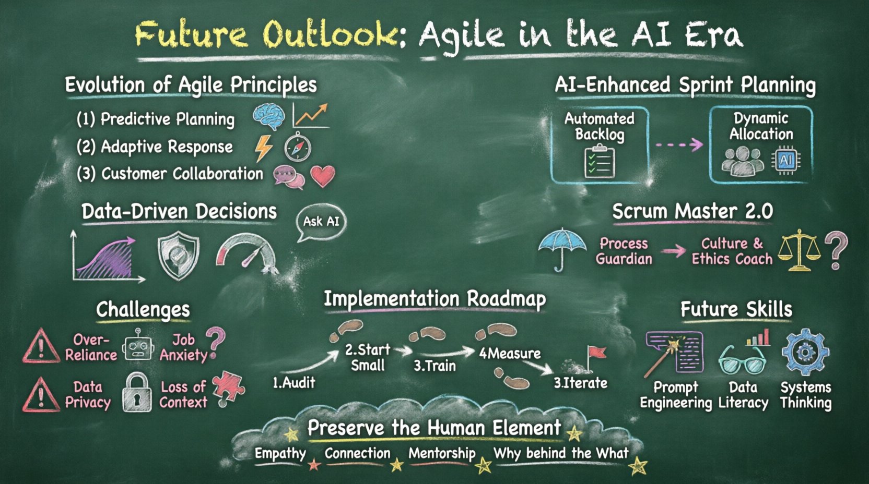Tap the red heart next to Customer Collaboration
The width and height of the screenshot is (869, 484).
[323, 176]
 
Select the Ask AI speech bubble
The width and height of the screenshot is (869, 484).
[321, 222]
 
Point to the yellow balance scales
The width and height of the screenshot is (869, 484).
[798, 251]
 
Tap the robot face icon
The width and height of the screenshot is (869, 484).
[138, 346]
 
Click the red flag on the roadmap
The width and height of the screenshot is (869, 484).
[596, 355]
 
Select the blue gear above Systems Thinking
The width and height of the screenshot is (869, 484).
[805, 353]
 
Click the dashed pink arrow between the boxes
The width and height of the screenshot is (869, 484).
[678, 144]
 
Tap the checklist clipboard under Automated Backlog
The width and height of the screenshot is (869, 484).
[600, 162]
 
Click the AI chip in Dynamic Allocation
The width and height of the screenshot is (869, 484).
[785, 161]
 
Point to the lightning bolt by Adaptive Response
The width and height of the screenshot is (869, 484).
[263, 148]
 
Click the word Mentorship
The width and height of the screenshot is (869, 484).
[442, 453]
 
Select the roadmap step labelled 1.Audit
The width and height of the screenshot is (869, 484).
[294, 383]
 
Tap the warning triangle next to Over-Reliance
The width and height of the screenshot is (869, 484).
[41, 347]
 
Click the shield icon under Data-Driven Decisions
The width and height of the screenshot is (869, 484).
[179, 256]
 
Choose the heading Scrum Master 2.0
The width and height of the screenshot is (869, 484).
[692, 211]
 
